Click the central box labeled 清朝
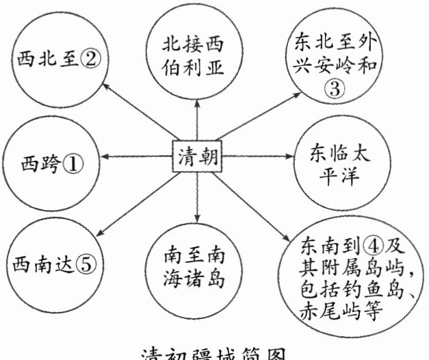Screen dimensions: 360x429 pyautogui.click(x=197, y=157)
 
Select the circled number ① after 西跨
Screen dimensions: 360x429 pyautogui.click(x=73, y=164)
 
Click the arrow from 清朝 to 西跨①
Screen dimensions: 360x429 pyautogui.click(x=137, y=158)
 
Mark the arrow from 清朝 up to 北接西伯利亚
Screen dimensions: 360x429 pyautogui.click(x=197, y=120)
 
